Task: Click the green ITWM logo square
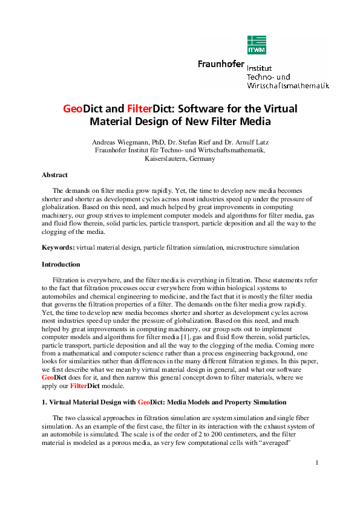(257, 44)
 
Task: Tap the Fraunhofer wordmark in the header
(221, 63)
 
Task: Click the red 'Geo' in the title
(73, 109)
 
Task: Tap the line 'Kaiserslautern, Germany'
(180, 158)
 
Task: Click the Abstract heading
(54, 175)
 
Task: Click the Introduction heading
(61, 264)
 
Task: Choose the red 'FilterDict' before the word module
(84, 385)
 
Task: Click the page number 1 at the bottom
(316, 479)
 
